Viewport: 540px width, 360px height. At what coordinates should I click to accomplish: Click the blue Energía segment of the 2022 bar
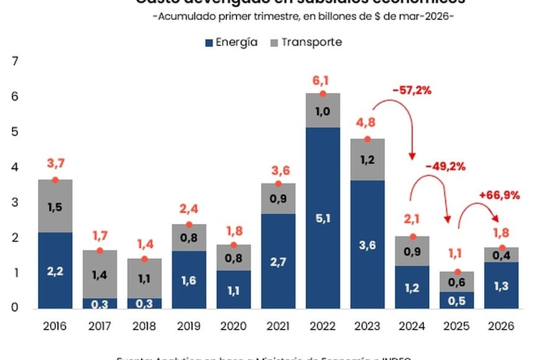(322, 217)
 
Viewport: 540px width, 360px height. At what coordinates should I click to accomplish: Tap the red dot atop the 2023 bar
(367, 139)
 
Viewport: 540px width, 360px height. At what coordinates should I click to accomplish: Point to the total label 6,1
(322, 79)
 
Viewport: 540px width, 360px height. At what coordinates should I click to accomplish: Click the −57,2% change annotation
(412, 91)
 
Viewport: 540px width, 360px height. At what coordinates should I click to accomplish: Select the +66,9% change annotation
(498, 196)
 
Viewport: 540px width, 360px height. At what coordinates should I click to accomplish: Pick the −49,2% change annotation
(445, 166)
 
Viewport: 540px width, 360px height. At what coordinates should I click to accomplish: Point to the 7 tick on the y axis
(16, 61)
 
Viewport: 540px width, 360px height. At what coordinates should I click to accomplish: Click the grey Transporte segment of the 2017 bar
(99, 274)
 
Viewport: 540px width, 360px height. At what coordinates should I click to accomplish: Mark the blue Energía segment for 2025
(456, 300)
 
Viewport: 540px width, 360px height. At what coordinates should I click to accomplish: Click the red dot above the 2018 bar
(144, 259)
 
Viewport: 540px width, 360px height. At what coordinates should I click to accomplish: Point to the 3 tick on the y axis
(16, 203)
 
